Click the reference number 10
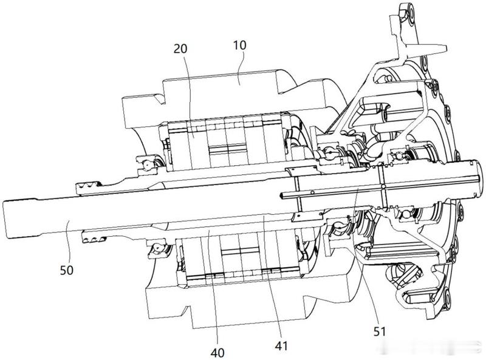(x=239, y=46)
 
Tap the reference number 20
(x=180, y=49)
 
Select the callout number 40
(x=217, y=353)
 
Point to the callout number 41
(x=281, y=346)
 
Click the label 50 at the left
(x=67, y=270)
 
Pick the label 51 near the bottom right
(x=379, y=332)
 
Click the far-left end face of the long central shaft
(x=4, y=219)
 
